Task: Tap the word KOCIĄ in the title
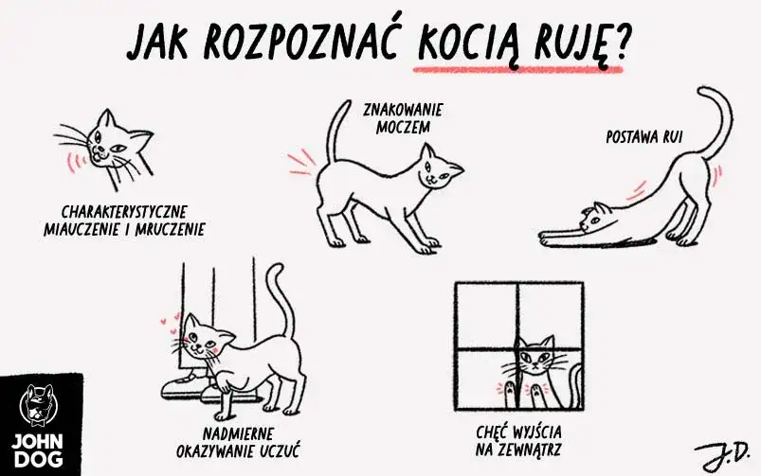[468, 43]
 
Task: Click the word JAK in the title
[158, 41]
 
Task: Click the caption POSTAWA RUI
[644, 137]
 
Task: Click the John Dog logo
[37, 425]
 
